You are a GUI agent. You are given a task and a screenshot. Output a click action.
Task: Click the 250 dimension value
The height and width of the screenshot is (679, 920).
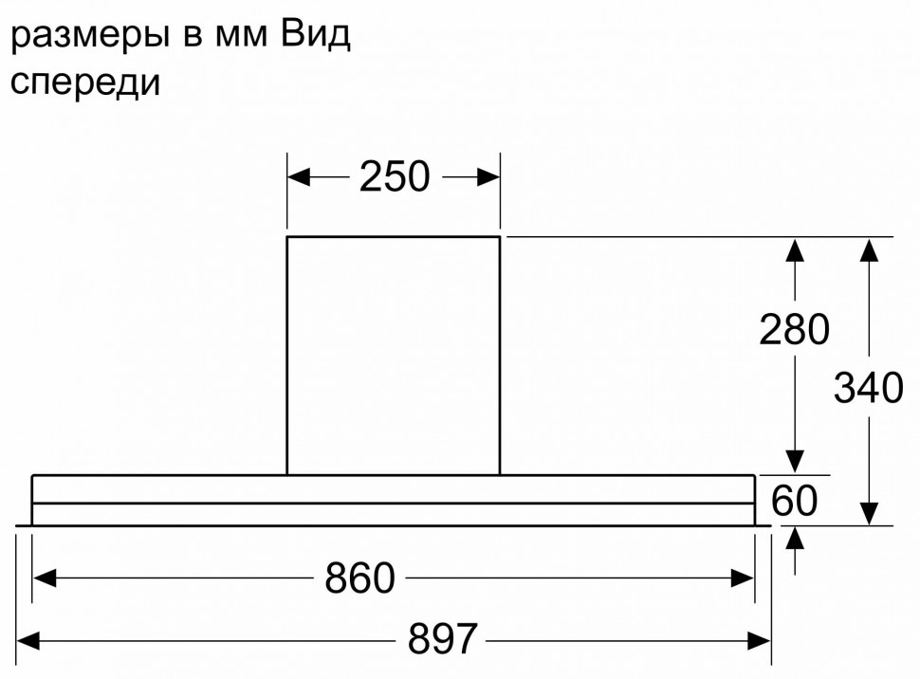(x=395, y=176)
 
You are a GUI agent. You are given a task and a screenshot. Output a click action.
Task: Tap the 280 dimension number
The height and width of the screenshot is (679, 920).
(x=795, y=329)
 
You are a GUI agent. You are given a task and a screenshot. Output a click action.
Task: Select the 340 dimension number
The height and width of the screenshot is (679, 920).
(x=869, y=388)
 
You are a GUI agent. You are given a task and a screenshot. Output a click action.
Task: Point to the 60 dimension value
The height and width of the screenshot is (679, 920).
(x=795, y=501)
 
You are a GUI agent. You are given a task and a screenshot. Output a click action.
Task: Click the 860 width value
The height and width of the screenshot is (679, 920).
(x=359, y=578)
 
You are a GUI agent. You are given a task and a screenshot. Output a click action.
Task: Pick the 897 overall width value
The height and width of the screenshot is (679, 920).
(x=443, y=639)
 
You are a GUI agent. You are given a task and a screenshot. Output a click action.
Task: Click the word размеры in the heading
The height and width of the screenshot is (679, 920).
(x=89, y=36)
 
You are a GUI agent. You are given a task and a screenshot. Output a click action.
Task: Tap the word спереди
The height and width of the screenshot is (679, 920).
(x=85, y=83)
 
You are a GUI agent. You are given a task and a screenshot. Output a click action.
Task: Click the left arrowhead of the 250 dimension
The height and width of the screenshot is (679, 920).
(x=298, y=176)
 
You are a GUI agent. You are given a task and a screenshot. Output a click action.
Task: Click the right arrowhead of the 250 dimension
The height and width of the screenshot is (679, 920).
(x=488, y=176)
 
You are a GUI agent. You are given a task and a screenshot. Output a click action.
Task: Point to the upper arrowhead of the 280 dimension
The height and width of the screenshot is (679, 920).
(x=795, y=248)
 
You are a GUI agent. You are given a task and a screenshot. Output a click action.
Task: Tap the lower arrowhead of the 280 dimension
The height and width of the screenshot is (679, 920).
(x=795, y=462)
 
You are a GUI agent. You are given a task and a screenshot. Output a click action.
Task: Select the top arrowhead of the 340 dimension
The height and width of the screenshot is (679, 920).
(x=869, y=248)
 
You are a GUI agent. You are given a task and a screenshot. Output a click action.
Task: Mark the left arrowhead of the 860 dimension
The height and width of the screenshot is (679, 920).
(x=44, y=578)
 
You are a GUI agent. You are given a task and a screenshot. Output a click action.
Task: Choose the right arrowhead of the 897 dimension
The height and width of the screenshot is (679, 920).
(x=759, y=640)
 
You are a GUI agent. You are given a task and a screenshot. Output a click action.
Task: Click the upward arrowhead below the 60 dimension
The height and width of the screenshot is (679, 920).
(x=795, y=538)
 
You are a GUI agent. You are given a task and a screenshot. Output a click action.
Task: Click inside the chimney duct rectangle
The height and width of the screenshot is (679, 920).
(x=393, y=356)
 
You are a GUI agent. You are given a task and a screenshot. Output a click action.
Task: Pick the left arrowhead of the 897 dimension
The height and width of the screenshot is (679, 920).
(x=28, y=640)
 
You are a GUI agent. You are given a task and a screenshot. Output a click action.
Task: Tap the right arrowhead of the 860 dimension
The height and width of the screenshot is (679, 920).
(x=743, y=578)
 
